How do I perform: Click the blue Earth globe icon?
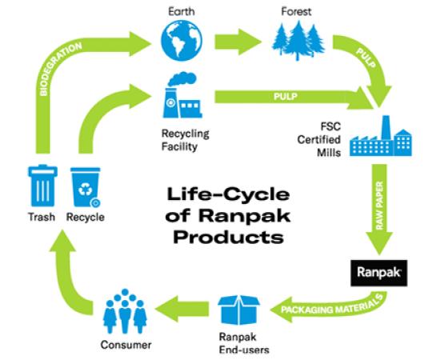(x=182, y=41)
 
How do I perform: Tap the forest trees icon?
(x=298, y=40)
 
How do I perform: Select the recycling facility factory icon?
(x=182, y=95)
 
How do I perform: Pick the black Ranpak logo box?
(x=379, y=273)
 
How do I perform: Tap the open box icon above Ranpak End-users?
(x=239, y=310)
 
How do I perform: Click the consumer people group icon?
(x=125, y=311)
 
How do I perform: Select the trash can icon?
(x=42, y=186)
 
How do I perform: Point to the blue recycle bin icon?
(x=86, y=187)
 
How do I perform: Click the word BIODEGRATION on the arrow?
(x=60, y=69)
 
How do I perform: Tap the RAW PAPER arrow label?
(x=379, y=206)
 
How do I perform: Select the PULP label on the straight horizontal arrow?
(x=286, y=97)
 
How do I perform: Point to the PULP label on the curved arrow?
(x=366, y=58)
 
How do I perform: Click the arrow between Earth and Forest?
(x=238, y=42)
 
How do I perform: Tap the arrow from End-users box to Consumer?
(x=182, y=309)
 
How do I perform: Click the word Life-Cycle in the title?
(x=228, y=194)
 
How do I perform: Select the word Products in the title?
(x=229, y=238)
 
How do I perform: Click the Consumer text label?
(x=126, y=345)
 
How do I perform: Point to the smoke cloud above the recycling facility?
(x=182, y=79)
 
